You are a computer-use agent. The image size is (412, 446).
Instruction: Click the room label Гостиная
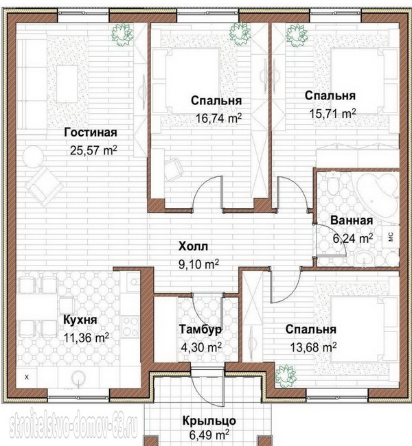coord(91,133)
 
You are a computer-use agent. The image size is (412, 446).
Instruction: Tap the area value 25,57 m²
coord(93,150)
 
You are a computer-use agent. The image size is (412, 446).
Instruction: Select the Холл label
coord(193,246)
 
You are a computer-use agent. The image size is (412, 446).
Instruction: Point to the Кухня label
coord(80,320)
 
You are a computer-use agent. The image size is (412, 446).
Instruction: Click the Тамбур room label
coord(201,329)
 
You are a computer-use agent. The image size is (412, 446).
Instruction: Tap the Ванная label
coord(352,221)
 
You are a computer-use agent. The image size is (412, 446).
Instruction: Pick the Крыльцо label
coord(209,421)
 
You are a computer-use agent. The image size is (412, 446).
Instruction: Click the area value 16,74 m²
coord(218,118)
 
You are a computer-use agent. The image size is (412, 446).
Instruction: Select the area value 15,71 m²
coord(332,113)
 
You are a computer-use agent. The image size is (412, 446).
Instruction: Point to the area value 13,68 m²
coord(313,347)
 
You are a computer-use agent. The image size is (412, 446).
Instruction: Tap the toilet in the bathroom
coord(332,186)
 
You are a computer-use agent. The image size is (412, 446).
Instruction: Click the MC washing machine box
coord(391,236)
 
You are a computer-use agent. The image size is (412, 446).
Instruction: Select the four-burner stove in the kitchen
coord(130,327)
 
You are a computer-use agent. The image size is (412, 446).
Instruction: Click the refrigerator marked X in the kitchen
coord(27,377)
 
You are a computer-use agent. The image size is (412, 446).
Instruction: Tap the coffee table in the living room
coord(67,84)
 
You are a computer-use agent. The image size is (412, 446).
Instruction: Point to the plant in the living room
coord(122,34)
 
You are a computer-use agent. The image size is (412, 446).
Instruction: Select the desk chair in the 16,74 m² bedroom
coord(174,169)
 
